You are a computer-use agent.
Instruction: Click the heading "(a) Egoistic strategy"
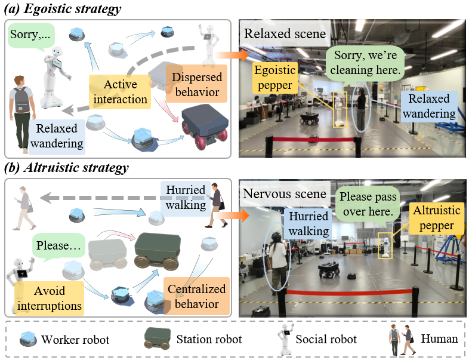tap(63, 8)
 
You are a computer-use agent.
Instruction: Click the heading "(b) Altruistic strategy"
tap(66, 168)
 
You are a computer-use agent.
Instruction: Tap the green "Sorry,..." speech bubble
tap(31, 35)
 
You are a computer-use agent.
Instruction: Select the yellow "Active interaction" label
tap(120, 92)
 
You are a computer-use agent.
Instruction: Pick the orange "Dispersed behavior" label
tap(197, 84)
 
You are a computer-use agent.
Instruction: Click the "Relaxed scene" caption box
tap(285, 33)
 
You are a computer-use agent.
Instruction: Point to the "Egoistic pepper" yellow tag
tap(275, 78)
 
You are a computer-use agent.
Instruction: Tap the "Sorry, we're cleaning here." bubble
tap(365, 63)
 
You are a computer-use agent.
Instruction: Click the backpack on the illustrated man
tap(21, 100)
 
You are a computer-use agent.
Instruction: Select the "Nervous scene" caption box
tap(285, 193)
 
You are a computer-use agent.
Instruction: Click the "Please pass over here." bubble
tap(368, 204)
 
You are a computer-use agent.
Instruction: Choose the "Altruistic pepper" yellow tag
tap(436, 218)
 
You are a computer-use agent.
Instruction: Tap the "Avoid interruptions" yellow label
tap(50, 299)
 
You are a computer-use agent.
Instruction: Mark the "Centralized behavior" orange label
tap(196, 296)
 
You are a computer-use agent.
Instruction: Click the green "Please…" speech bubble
tap(58, 246)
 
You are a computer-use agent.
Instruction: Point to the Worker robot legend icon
tap(29, 339)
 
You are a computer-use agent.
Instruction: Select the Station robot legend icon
tap(158, 339)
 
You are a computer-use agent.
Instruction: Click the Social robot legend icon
tap(285, 339)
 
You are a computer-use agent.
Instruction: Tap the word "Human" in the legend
tap(439, 339)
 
